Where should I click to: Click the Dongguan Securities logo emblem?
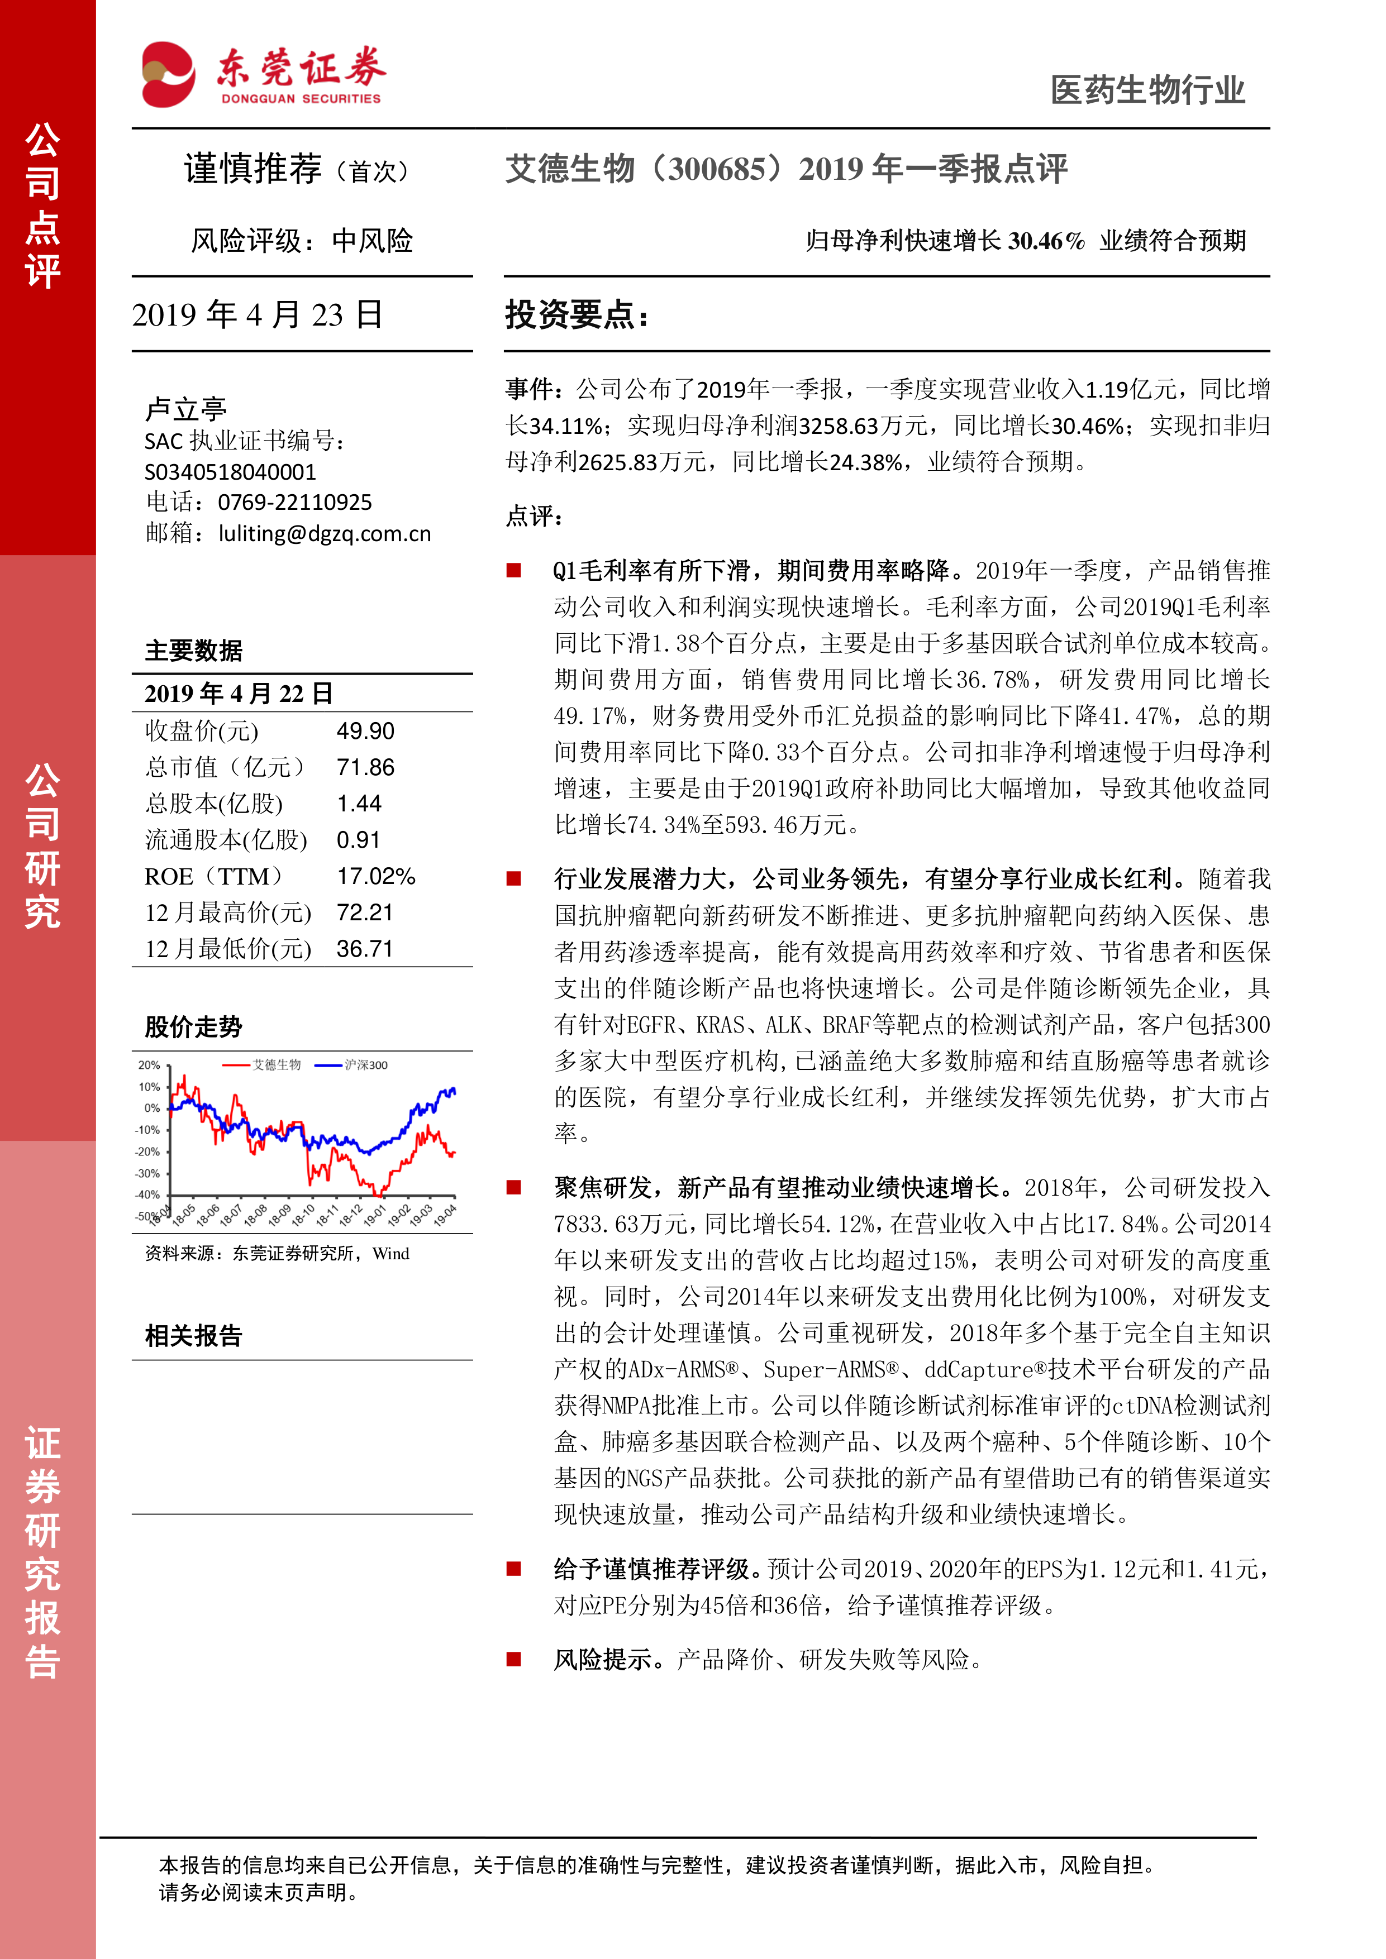[x=168, y=75]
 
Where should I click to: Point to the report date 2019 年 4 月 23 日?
[x=257, y=315]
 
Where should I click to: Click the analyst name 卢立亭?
[x=185, y=409]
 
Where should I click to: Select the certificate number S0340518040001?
[x=230, y=472]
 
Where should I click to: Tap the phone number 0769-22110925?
[x=294, y=503]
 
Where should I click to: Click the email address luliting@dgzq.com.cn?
[x=325, y=533]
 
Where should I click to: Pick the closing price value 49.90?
[x=365, y=731]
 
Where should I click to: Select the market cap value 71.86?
[x=365, y=768]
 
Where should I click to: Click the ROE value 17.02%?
[x=375, y=876]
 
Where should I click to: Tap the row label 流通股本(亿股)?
[x=226, y=840]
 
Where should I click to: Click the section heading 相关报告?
[x=194, y=1335]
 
